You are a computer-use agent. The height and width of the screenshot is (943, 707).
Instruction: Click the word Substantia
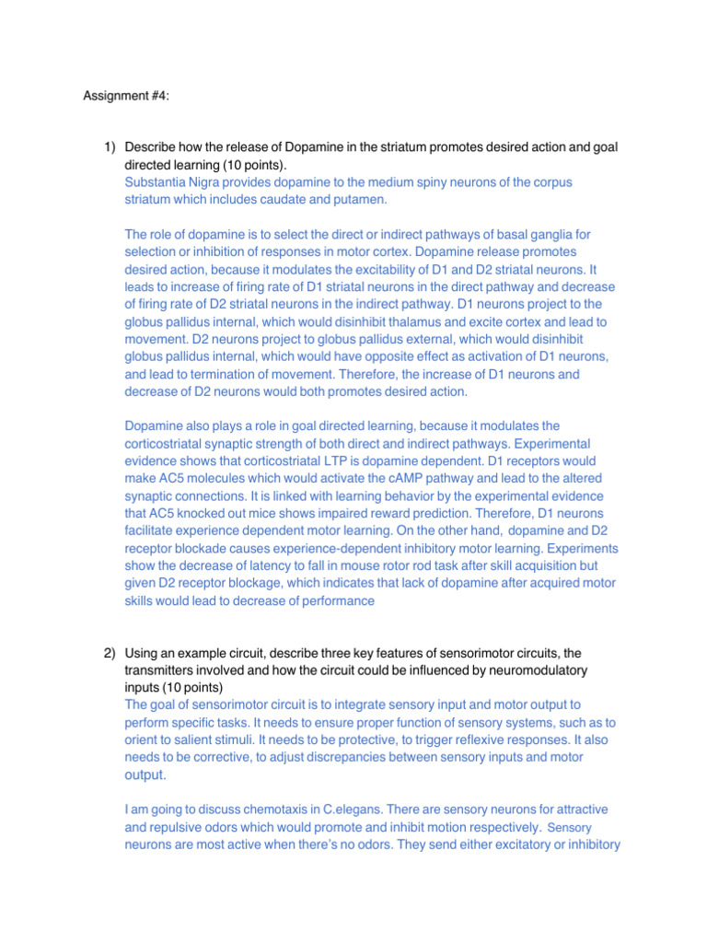point(156,182)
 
